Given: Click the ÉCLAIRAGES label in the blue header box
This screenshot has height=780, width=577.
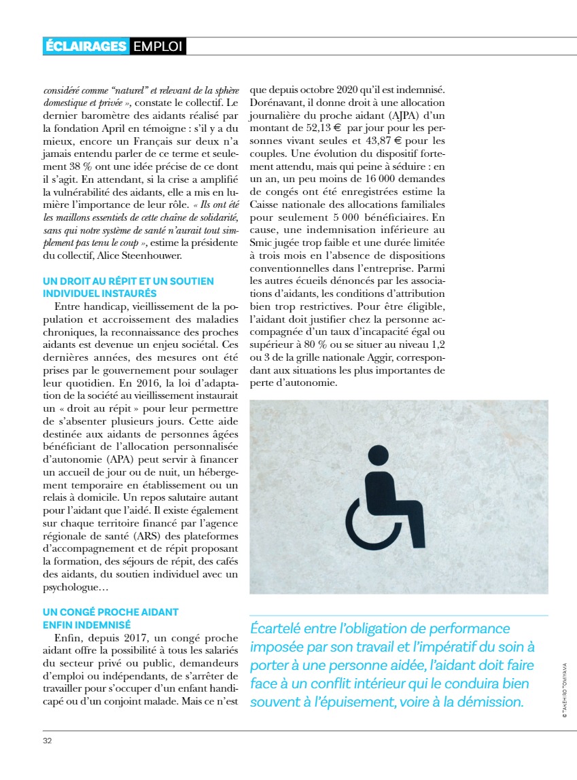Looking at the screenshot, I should pos(86,46).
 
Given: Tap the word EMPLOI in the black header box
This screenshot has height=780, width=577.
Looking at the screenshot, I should pos(157,46).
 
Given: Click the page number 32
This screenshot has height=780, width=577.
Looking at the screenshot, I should pos(47,741).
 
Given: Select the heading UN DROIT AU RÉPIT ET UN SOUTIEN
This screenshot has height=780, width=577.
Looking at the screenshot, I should pos(128,281).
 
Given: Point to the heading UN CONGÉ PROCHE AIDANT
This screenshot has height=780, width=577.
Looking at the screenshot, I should pos(110,611).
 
